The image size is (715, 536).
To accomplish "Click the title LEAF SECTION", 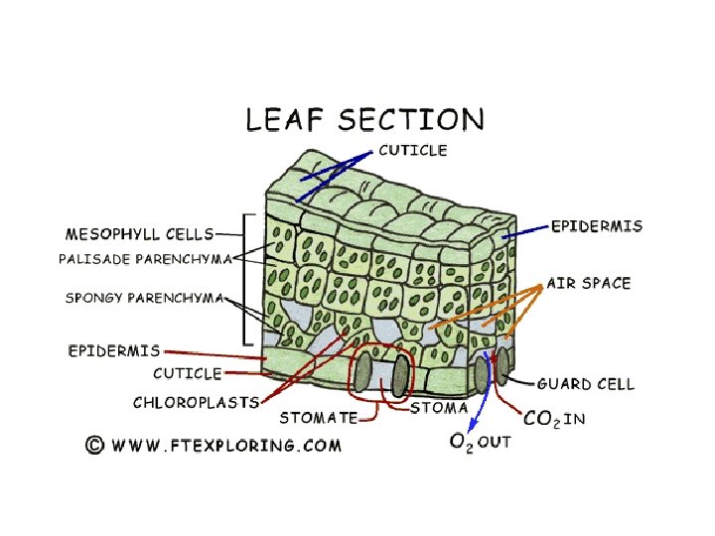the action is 364,120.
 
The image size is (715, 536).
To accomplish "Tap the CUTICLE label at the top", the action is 413,151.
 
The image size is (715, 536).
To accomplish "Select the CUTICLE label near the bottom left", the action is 187,373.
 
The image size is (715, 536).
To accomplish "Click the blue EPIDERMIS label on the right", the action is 597,226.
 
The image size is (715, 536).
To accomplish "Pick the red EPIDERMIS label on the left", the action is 114,350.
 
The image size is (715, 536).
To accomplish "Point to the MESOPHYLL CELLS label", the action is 139,234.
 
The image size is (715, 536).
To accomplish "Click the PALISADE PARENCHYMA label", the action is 146,258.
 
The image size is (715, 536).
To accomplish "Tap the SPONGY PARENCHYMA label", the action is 144,297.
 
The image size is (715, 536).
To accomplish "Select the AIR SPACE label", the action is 589,283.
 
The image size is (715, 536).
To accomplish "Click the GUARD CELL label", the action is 586,383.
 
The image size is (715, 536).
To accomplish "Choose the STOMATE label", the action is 318,418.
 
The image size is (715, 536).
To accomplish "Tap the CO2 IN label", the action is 554,419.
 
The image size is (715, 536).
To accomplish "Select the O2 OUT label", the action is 480,443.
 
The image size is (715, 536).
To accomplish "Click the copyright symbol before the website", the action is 94,445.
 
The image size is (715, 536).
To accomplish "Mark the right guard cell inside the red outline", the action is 400,374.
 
